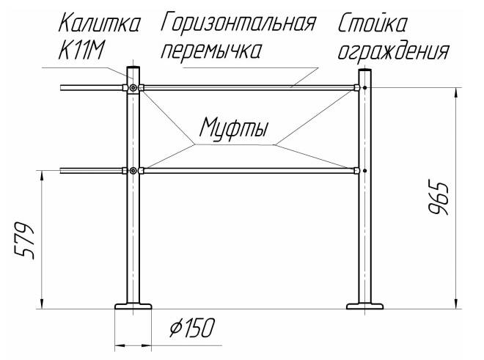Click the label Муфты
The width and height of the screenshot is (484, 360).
pos(233,131)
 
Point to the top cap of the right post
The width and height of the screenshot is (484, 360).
pos(364,71)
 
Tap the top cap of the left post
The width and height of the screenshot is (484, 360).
pos(133,71)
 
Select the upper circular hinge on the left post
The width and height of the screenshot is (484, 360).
pos(133,88)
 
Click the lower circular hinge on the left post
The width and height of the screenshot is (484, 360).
pos(133,171)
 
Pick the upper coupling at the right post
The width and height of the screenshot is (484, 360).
pos(356,88)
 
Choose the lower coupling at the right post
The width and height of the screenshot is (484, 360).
pos(356,171)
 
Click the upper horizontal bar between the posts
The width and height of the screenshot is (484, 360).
pos(249,88)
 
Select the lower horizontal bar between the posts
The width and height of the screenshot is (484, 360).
pos(249,171)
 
